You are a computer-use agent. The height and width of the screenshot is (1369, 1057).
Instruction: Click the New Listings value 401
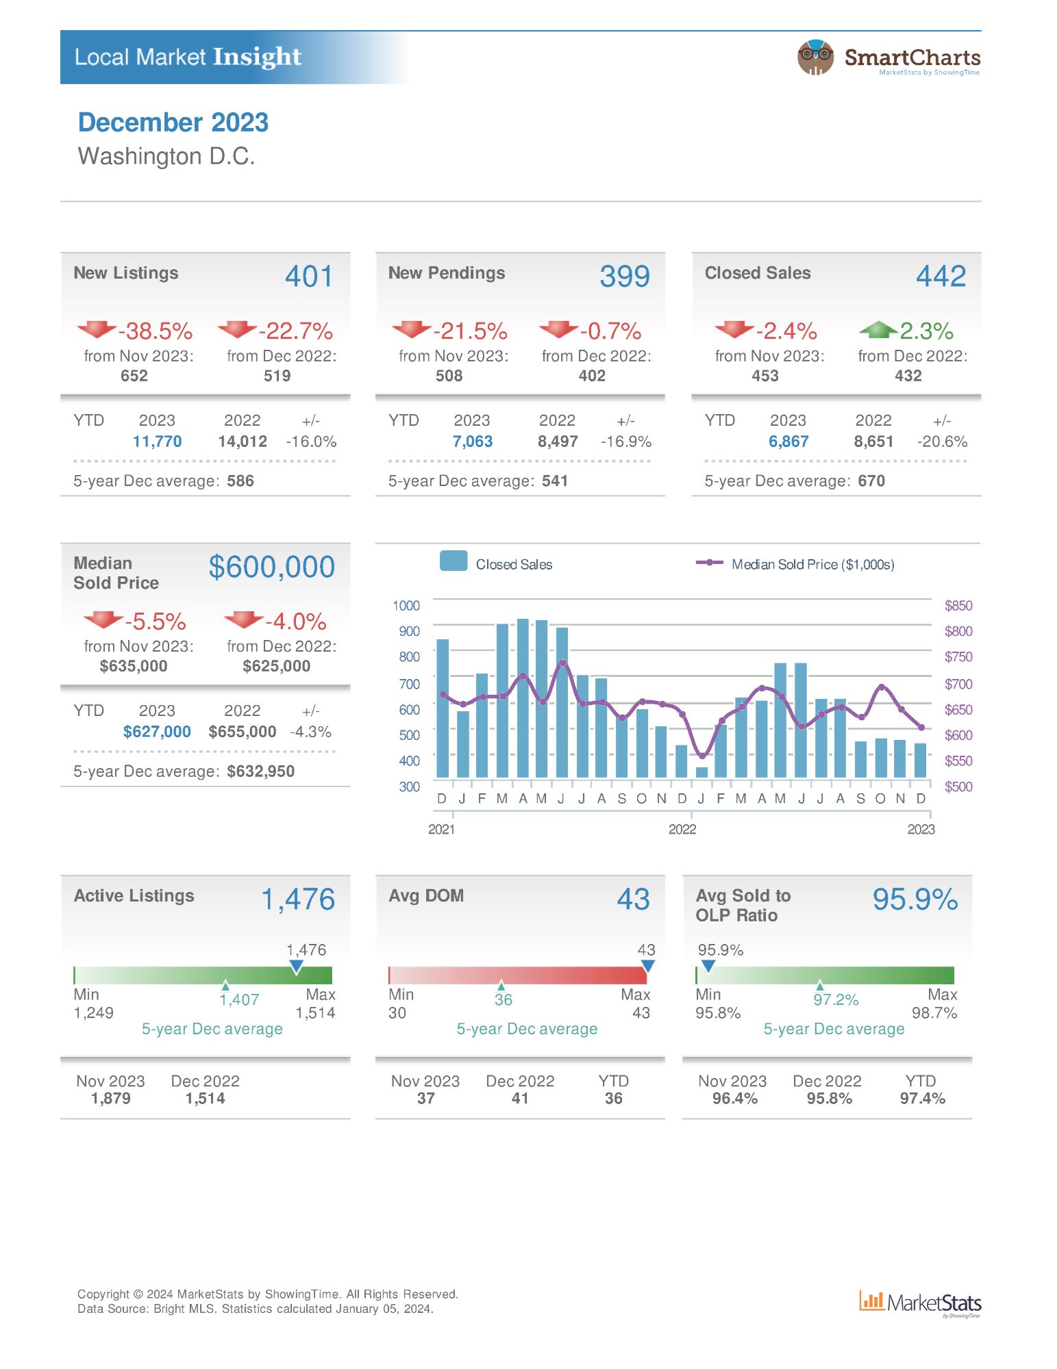point(309,277)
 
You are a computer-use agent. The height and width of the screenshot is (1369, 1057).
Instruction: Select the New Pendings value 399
point(624,277)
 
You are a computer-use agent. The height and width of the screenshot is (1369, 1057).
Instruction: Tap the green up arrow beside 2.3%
point(878,330)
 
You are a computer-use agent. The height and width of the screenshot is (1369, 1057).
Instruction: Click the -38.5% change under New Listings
point(156,331)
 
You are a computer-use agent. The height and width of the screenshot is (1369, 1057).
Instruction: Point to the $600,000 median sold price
point(271,567)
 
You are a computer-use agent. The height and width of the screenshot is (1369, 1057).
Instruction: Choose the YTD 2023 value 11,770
point(157,442)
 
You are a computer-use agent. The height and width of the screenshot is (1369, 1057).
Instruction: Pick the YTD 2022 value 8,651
point(873,442)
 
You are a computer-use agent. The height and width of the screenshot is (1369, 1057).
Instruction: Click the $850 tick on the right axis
point(958,606)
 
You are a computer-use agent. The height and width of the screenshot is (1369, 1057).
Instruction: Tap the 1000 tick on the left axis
point(406,606)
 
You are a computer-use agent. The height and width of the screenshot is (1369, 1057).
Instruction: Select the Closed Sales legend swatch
point(453,561)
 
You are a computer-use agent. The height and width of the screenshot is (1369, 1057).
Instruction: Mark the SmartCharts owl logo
point(815,57)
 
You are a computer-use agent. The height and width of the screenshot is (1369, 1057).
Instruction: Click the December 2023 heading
point(173,123)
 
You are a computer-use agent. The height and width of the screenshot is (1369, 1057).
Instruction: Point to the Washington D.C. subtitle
point(166,156)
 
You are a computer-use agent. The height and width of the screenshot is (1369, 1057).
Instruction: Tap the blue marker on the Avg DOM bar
point(647,966)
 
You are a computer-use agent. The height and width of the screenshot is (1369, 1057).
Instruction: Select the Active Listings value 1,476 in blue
point(298,899)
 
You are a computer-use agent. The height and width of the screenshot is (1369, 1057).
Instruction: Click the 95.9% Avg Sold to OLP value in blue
point(915,899)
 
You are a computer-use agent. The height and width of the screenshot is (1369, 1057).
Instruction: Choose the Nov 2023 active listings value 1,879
point(110,1099)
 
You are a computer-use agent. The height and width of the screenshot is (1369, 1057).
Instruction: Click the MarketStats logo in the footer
point(920,1303)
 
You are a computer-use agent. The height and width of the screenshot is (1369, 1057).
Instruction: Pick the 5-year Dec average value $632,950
point(260,771)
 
